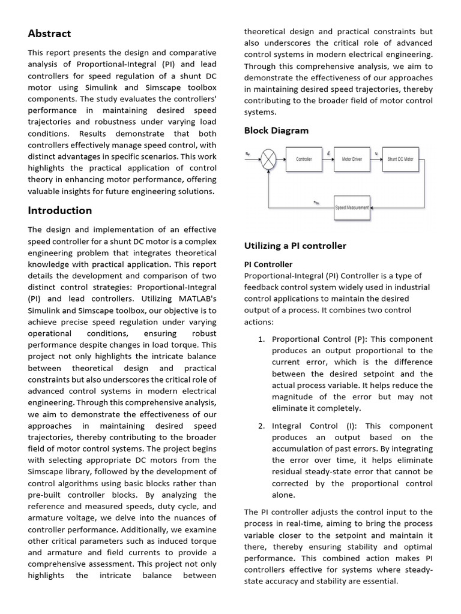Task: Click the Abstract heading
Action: [x=49, y=34]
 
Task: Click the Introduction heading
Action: [x=59, y=210]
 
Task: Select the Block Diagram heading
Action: [x=276, y=131]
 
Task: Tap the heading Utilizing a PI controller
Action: [x=295, y=246]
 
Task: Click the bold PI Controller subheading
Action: [x=268, y=264]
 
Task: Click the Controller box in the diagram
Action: [x=304, y=159]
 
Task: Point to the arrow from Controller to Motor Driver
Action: [x=327, y=159]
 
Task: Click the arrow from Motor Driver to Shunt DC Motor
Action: [x=377, y=159]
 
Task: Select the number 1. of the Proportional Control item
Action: [x=261, y=339]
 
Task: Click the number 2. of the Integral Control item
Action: [x=261, y=426]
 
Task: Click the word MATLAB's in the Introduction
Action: [x=196, y=299]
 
